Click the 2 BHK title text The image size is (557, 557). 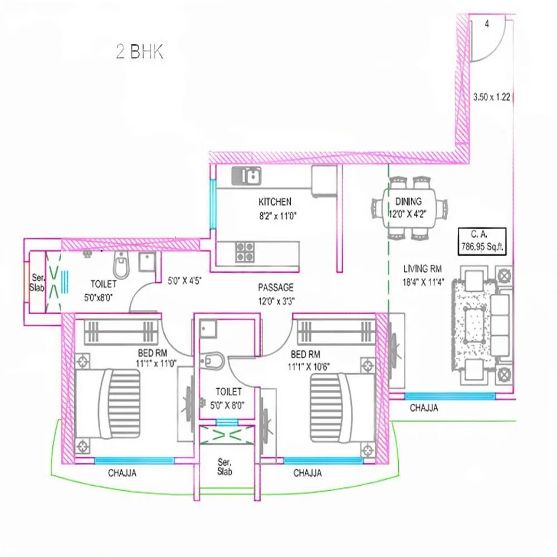click(139, 52)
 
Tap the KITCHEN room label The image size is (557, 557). click(275, 202)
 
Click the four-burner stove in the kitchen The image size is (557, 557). click(243, 252)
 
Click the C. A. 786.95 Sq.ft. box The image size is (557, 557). click(482, 241)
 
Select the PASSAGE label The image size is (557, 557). click(275, 287)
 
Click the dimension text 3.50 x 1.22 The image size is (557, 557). click(492, 96)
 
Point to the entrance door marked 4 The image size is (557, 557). click(487, 39)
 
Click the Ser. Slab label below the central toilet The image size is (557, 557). click(224, 467)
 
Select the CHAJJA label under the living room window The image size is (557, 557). click(424, 408)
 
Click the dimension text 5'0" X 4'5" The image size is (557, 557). click(184, 282)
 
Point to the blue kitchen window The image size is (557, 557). click(212, 204)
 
